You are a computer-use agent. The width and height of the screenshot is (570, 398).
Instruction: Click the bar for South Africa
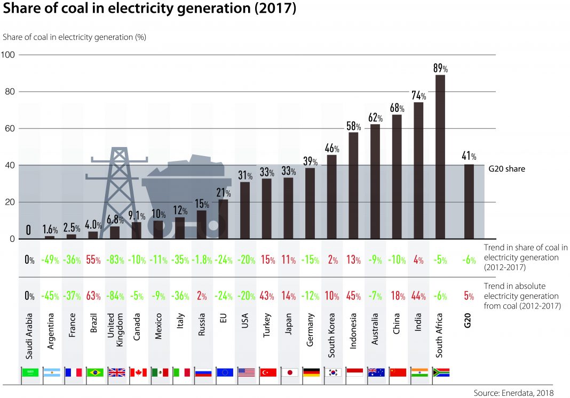(x=440, y=157)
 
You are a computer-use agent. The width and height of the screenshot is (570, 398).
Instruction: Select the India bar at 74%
(x=418, y=170)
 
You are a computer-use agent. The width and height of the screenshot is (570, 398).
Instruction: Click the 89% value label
(x=440, y=68)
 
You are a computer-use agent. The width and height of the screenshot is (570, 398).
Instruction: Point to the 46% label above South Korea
(x=332, y=148)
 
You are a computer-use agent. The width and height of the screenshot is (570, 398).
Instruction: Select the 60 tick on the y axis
(x=10, y=129)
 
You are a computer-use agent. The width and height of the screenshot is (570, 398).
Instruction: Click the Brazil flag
(x=94, y=372)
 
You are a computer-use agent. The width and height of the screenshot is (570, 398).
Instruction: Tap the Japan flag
(x=289, y=372)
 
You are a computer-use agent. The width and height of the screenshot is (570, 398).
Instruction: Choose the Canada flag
(x=138, y=372)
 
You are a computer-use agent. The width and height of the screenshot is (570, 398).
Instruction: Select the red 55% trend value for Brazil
(x=94, y=261)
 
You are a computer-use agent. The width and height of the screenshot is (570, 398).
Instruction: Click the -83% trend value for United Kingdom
(x=116, y=261)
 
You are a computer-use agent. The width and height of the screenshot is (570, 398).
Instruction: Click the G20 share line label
(x=507, y=169)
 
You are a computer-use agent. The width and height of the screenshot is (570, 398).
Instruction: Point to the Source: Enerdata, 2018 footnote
(x=514, y=393)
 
